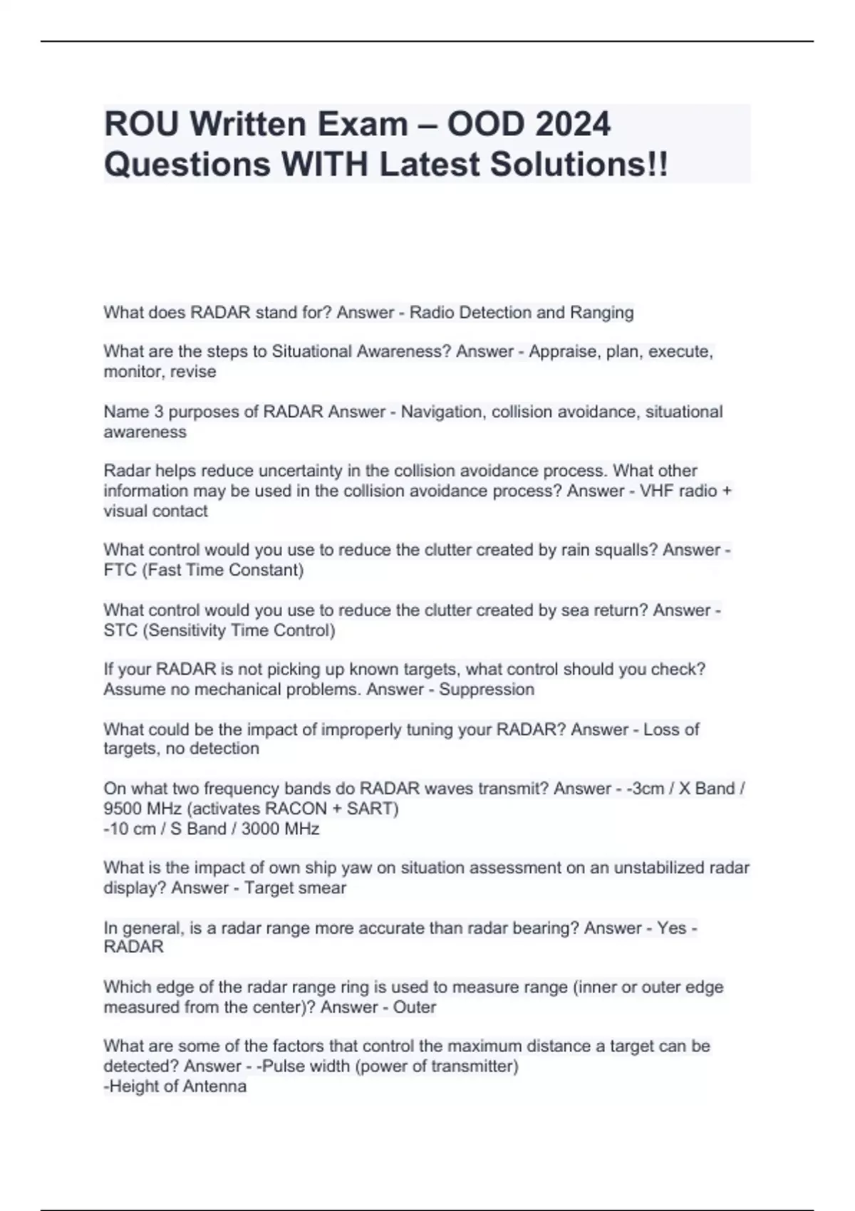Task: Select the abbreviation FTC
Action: click(x=120, y=570)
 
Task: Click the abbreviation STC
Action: click(x=120, y=630)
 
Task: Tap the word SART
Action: click(x=368, y=809)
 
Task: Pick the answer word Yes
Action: click(x=672, y=927)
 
